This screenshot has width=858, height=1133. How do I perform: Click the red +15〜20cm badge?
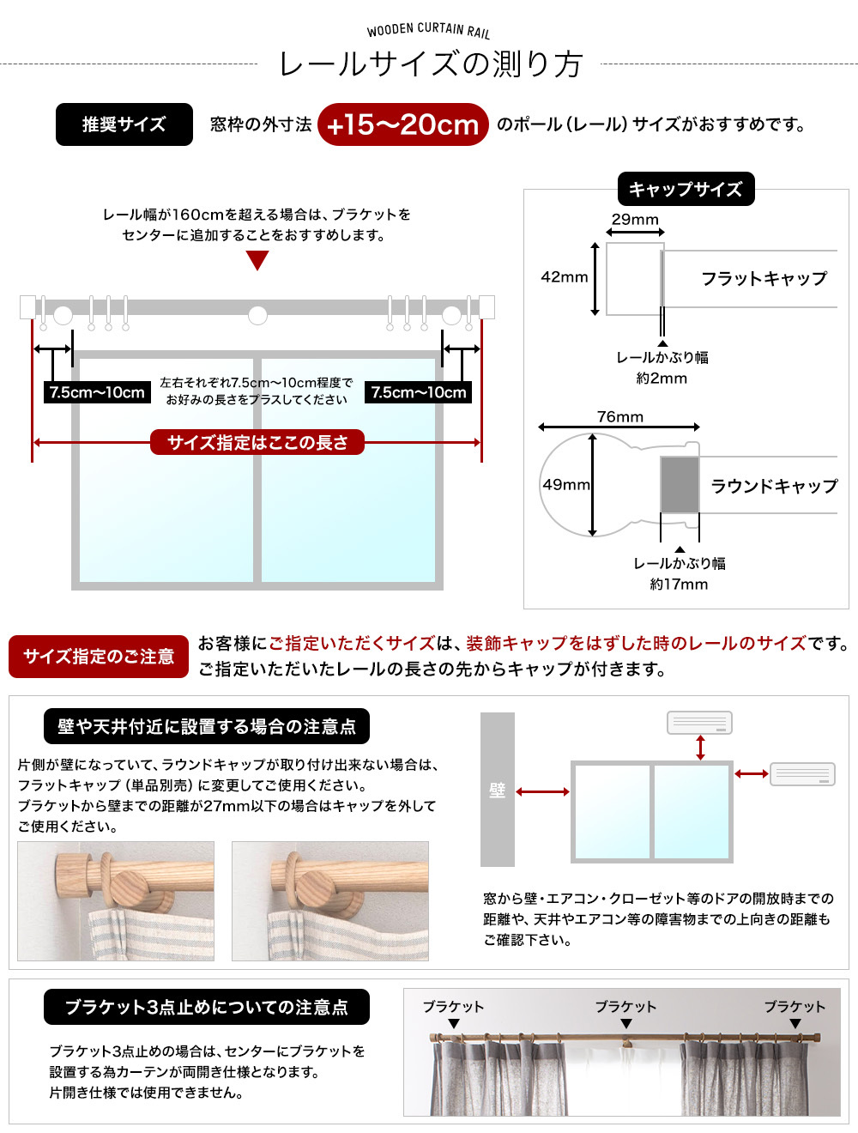(402, 124)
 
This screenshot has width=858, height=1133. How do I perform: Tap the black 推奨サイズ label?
(124, 124)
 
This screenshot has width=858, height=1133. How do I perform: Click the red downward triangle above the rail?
(257, 260)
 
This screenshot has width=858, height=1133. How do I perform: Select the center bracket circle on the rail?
(257, 315)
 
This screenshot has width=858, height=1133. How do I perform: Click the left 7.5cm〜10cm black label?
(97, 392)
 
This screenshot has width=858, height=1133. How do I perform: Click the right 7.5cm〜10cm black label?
(419, 392)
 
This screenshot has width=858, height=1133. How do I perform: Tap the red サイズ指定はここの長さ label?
(257, 442)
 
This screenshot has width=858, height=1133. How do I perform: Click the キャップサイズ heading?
(686, 189)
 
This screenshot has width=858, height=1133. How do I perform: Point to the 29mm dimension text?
(635, 219)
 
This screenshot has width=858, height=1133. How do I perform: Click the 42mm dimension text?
(564, 276)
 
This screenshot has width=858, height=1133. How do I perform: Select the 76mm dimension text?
(619, 416)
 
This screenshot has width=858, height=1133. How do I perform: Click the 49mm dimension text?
(566, 484)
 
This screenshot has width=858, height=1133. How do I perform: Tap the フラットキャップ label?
(764, 278)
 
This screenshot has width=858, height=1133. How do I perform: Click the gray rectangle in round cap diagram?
(680, 485)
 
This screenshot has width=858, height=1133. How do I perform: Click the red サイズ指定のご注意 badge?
(99, 657)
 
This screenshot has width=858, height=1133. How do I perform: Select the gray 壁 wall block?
(498, 790)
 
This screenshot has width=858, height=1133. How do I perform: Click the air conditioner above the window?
(699, 723)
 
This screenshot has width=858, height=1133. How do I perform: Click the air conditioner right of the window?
(802, 774)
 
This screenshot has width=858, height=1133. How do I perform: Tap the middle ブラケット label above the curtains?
(625, 1007)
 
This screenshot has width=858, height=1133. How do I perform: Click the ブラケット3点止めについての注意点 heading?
(207, 1007)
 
